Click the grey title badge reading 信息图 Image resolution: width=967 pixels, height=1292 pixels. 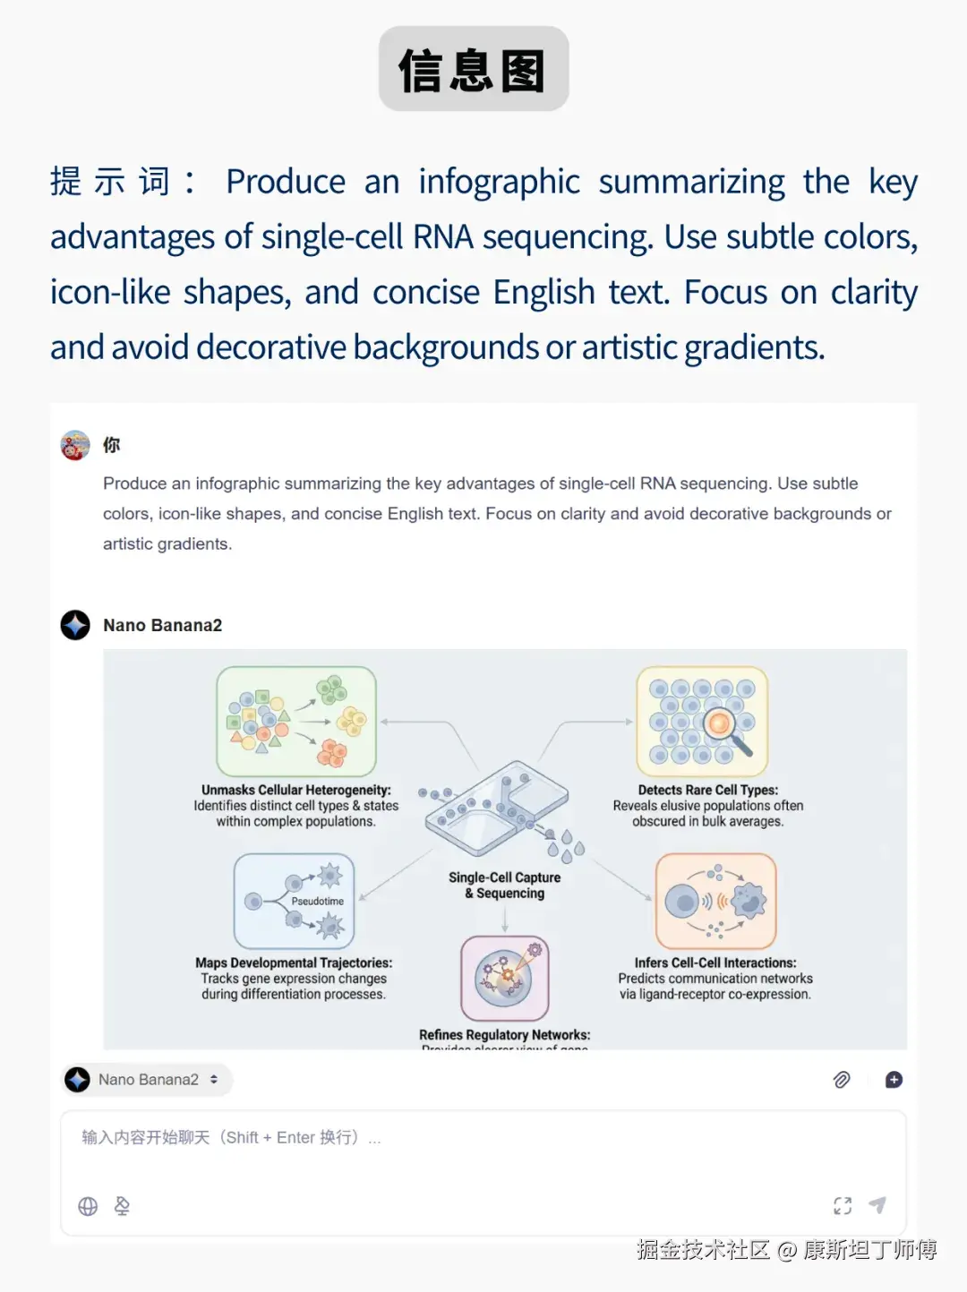click(474, 69)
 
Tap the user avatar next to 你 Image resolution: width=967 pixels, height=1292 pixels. click(75, 445)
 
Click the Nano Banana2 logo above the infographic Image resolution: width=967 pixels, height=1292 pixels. click(75, 625)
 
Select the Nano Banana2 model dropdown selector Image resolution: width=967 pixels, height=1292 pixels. click(148, 1080)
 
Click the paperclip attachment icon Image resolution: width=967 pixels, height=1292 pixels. click(842, 1080)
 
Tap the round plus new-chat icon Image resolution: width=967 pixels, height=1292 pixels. click(894, 1080)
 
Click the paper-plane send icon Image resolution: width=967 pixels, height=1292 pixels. click(877, 1205)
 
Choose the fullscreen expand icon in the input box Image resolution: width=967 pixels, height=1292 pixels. click(843, 1205)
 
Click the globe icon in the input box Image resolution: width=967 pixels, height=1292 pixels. click(88, 1206)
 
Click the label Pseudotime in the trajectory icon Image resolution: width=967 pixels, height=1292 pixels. click(317, 901)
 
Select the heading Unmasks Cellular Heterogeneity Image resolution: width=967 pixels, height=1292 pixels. click(295, 790)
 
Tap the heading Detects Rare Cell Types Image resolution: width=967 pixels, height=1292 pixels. click(707, 790)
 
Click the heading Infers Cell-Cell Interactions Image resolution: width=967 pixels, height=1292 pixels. click(715, 963)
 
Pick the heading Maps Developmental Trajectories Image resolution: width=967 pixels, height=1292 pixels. click(294, 963)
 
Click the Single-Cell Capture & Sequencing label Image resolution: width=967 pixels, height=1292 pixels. click(504, 886)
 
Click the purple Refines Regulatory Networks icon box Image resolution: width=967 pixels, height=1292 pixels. click(504, 978)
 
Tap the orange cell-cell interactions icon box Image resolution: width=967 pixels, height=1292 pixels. click(715, 901)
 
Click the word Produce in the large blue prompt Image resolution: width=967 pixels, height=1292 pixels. click(285, 182)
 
